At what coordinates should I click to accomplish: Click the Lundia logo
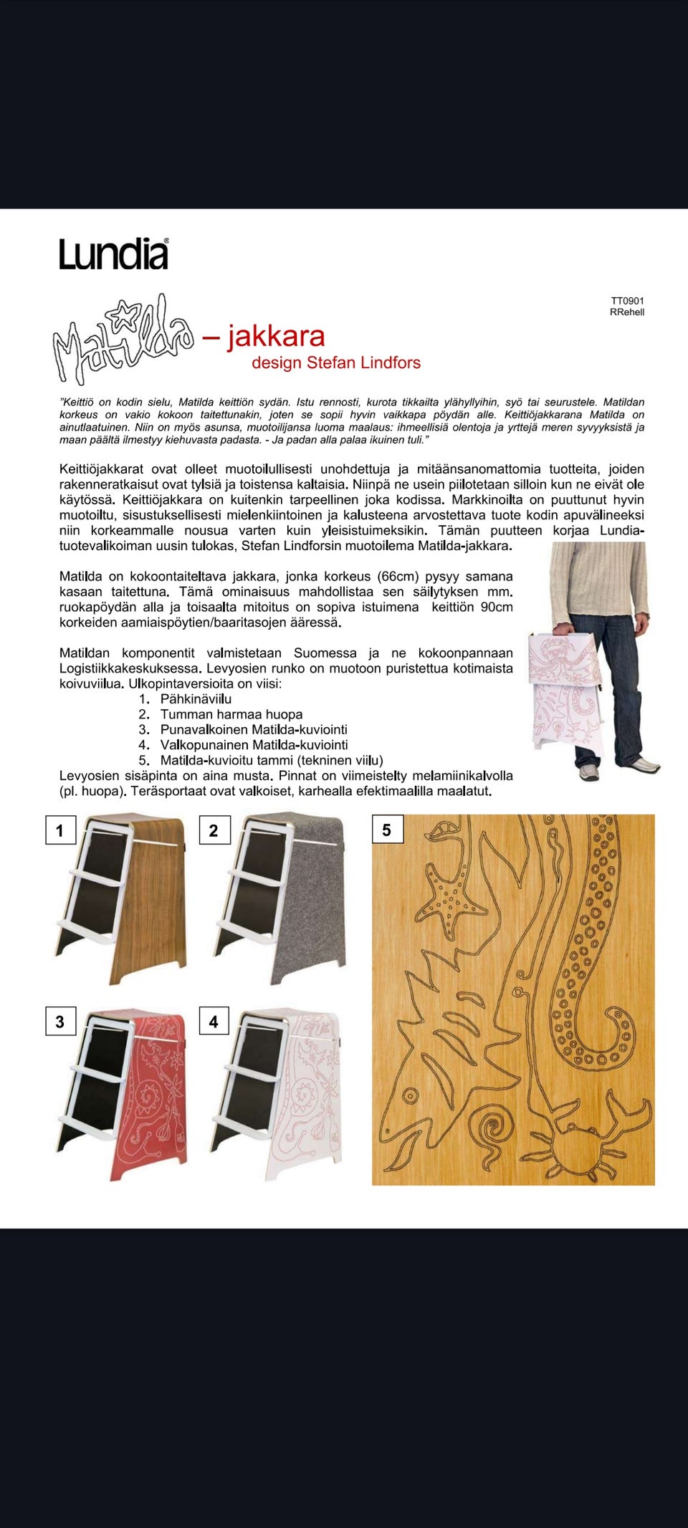[x=114, y=254]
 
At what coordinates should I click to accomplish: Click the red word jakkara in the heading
[x=276, y=337]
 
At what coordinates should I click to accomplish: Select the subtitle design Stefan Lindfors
[x=336, y=362]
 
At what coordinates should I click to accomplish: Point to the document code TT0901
[x=628, y=301]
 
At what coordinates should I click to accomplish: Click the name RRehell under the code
[x=627, y=312]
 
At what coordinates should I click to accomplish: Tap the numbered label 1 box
[x=60, y=830]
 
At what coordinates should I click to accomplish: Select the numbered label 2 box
[x=214, y=830]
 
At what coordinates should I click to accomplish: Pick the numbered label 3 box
[x=60, y=1022]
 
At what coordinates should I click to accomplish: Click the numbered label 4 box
[x=214, y=1022]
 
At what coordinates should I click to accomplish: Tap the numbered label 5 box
[x=387, y=830]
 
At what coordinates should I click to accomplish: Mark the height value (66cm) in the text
[x=398, y=577]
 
